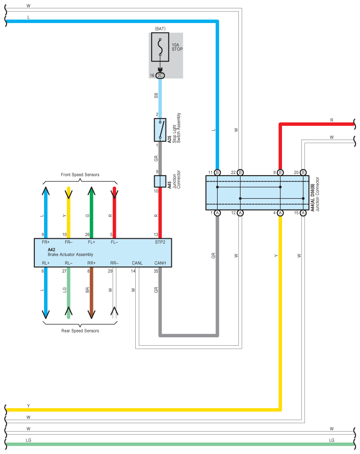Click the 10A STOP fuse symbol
pos(160,47)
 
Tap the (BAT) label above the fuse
pos(160,29)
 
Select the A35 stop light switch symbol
pos(160,130)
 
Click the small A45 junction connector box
pos(160,181)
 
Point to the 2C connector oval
pos(160,76)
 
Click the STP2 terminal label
pos(160,242)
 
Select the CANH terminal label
pos(160,263)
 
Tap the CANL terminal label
pos(137,263)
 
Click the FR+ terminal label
pos(46,242)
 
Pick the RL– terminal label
pos(69,263)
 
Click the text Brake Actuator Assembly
pos(71,255)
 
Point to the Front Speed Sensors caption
pos(80,174)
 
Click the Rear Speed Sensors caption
pos(80,331)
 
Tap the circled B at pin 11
pos(217,173)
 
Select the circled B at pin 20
pos(303,173)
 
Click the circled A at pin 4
pos(280,213)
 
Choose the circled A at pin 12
pos(240,213)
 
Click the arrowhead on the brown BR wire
pos(92,314)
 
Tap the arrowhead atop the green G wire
pos(92,191)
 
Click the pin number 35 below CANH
pos(156,271)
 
